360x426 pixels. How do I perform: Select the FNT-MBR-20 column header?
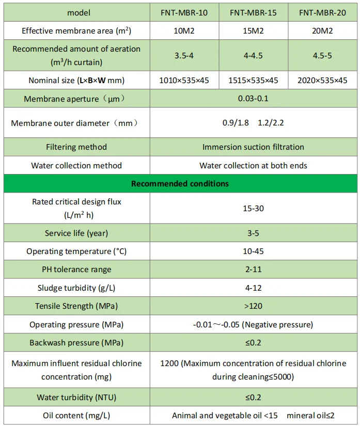323,12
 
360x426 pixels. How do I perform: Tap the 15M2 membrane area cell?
253,31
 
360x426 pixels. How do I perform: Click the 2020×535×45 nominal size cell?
323,80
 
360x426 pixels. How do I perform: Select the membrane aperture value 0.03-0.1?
253,98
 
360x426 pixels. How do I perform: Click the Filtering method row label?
76,147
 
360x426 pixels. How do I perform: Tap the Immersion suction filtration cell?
253,147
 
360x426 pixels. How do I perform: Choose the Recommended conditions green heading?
180,183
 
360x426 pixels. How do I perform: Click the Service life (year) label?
76,233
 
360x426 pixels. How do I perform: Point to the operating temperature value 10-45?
253,251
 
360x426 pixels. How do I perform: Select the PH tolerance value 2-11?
253,270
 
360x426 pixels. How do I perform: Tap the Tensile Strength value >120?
253,306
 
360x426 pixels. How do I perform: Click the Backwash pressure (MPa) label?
76,343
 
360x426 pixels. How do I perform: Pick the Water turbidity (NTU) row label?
76,397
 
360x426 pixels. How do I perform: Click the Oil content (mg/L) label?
76,415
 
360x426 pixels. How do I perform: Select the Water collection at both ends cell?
253,166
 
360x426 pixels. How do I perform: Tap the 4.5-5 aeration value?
323,55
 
